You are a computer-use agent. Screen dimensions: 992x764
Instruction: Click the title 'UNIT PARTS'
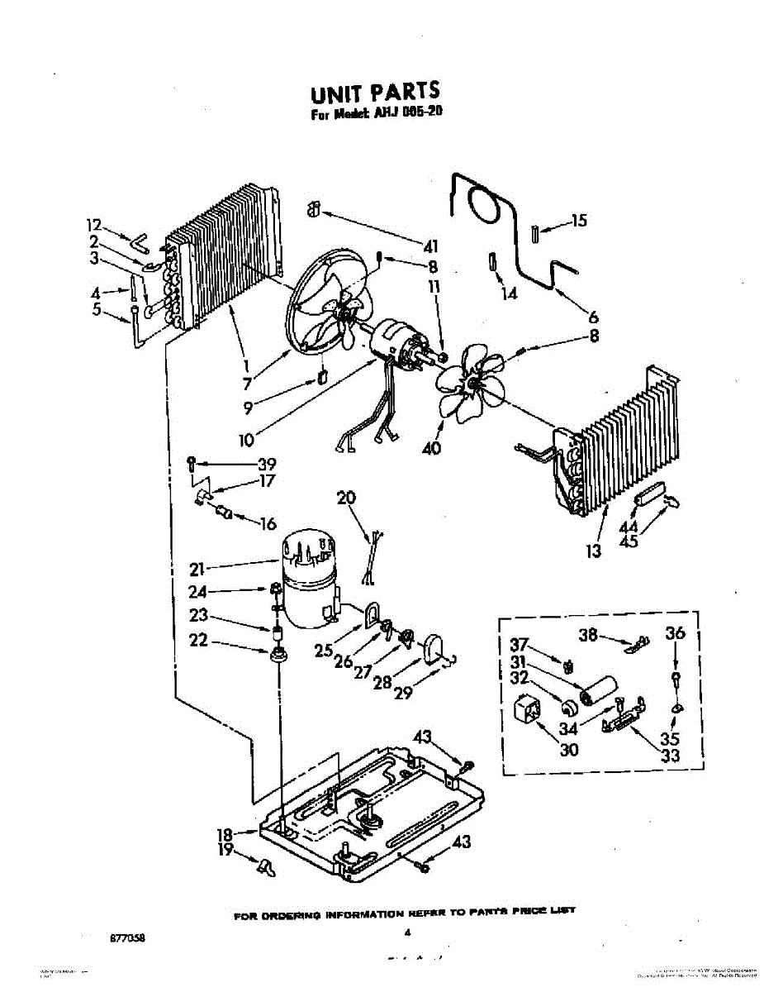(374, 92)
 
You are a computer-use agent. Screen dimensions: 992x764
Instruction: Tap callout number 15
(579, 221)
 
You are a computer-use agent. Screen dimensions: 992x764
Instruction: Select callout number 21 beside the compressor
(196, 568)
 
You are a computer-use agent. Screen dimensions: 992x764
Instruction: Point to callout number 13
(594, 551)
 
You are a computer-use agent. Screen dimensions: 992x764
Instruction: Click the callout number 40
(431, 449)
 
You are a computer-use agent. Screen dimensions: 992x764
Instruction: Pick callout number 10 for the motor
(246, 440)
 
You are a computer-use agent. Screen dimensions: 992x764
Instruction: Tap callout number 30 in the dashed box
(546, 750)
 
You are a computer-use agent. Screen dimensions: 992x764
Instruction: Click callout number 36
(675, 633)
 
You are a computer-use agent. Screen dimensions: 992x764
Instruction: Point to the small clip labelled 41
(314, 210)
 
